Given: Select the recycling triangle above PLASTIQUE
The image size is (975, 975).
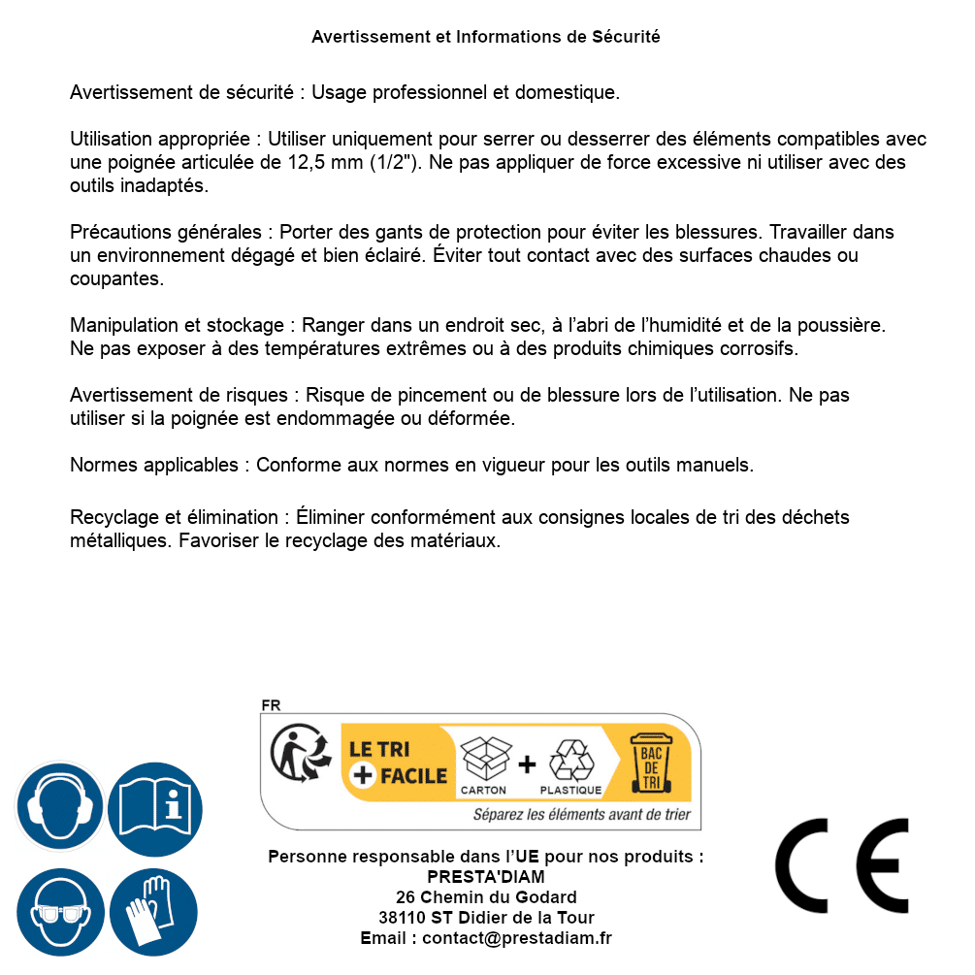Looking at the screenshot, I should (x=570, y=760).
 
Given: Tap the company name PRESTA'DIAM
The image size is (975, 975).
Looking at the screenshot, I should (x=486, y=877).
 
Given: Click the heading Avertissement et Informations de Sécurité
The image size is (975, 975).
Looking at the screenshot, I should (x=486, y=37).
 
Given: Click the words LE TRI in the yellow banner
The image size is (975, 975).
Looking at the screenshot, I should (x=378, y=749).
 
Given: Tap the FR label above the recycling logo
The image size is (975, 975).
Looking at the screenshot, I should (x=271, y=705).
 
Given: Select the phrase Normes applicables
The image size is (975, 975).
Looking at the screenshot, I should (x=153, y=465).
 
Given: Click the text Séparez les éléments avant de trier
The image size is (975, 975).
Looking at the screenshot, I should (x=581, y=814).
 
